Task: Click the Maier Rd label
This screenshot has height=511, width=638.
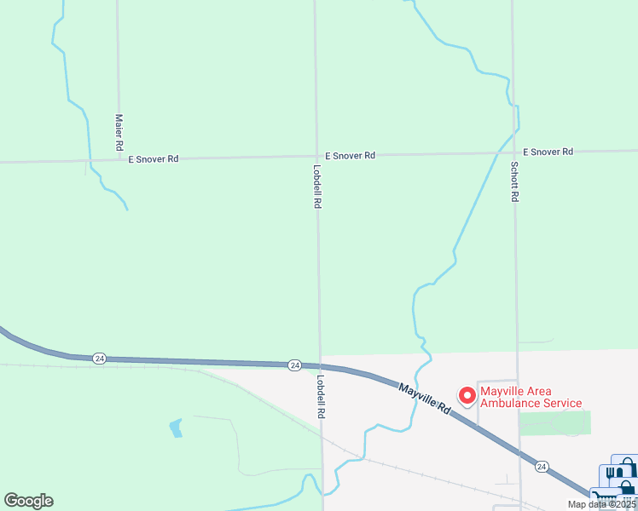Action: pyautogui.click(x=119, y=133)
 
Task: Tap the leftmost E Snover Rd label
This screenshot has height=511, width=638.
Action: pyautogui.click(x=154, y=159)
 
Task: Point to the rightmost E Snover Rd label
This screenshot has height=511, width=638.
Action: pyautogui.click(x=548, y=152)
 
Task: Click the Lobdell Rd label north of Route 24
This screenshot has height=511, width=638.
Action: pyautogui.click(x=317, y=187)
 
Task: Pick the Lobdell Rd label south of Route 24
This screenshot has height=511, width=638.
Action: pyautogui.click(x=322, y=397)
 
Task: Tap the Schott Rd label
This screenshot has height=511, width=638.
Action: pyautogui.click(x=514, y=181)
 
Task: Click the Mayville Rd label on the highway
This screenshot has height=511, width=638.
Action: pyautogui.click(x=424, y=398)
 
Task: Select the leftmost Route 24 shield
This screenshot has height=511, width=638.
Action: pyautogui.click(x=100, y=359)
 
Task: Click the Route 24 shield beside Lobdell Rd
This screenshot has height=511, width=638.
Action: pyautogui.click(x=294, y=365)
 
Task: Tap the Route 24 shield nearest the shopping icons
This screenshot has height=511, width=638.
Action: pyautogui.click(x=541, y=466)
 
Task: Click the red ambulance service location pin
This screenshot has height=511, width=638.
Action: pyautogui.click(x=467, y=395)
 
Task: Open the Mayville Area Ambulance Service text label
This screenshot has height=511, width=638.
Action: pyautogui.click(x=531, y=398)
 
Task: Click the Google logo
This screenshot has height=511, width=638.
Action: pyautogui.click(x=28, y=501)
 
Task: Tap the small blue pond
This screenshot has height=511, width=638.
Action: pyautogui.click(x=176, y=428)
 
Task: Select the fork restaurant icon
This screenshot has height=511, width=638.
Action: pyautogui.click(x=609, y=473)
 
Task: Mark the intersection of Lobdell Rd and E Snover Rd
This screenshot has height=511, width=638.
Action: pyautogui.click(x=316, y=157)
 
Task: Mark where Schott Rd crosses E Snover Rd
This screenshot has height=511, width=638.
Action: pyautogui.click(x=513, y=153)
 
